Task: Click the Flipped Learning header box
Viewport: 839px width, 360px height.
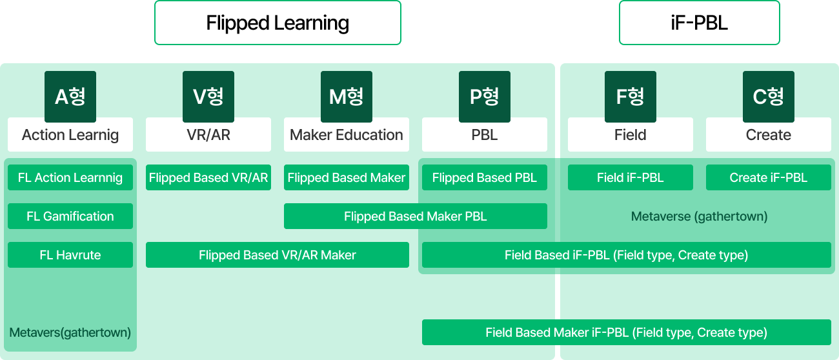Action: click(x=278, y=23)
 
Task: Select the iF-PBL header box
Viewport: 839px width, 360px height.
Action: click(x=699, y=23)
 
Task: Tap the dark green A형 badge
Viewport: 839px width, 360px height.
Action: click(x=70, y=96)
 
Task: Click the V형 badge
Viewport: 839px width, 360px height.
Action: click(x=208, y=96)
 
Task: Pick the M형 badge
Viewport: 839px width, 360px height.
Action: click(x=347, y=96)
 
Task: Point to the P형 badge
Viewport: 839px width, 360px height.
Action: click(x=485, y=96)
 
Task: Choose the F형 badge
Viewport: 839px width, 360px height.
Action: click(x=631, y=96)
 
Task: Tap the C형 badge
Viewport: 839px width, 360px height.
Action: click(x=769, y=96)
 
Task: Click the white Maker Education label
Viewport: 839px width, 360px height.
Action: click(x=347, y=135)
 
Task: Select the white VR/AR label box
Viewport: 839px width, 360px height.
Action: click(x=208, y=135)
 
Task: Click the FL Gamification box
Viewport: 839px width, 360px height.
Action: click(x=70, y=216)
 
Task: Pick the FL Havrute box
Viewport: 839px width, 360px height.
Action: click(x=70, y=255)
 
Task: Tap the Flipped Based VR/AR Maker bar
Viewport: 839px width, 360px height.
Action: click(x=278, y=255)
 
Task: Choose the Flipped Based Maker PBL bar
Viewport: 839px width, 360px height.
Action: click(x=416, y=216)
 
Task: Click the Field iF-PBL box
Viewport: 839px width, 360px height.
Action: click(x=631, y=177)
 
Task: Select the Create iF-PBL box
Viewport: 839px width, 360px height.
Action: click(x=769, y=177)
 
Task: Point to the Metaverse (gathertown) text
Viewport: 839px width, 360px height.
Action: click(x=699, y=216)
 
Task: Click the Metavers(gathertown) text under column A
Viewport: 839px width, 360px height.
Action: click(x=70, y=333)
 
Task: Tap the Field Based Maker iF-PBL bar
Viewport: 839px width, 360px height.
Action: click(x=627, y=332)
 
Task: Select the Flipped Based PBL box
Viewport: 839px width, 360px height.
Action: click(x=485, y=177)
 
